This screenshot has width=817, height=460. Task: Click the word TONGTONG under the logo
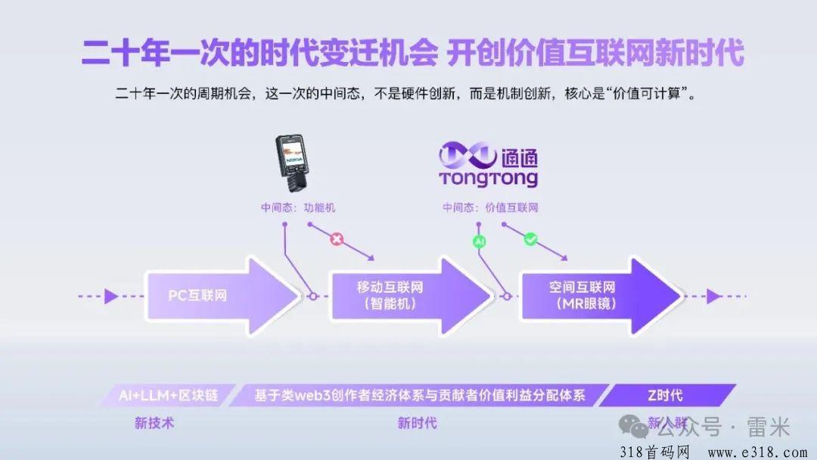(488, 179)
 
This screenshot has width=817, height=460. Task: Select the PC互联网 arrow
(219, 296)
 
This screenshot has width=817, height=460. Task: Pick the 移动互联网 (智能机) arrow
(408, 296)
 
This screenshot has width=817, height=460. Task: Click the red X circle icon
(337, 240)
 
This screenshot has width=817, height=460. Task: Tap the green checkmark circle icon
(530, 239)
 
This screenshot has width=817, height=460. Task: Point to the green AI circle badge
(479, 241)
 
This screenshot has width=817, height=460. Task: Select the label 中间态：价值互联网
(490, 207)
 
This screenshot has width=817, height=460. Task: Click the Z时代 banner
(666, 395)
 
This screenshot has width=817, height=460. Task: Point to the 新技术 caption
(154, 423)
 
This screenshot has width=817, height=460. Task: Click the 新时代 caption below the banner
(417, 423)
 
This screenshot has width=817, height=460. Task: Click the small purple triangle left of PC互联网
(111, 296)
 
